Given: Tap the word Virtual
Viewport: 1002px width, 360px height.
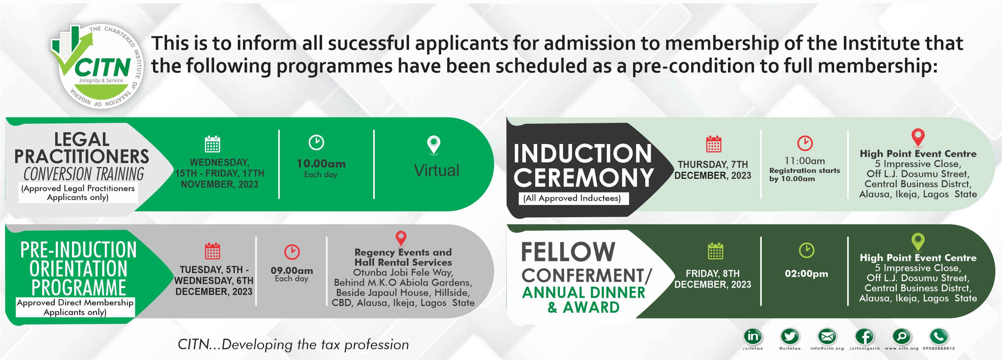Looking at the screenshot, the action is pyautogui.click(x=437, y=171).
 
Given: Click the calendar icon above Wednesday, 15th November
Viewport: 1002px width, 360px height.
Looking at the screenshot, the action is pyautogui.click(x=212, y=144).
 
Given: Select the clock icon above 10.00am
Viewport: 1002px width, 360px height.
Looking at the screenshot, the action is pyautogui.click(x=316, y=142).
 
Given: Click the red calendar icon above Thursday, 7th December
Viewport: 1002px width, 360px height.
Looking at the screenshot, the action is pyautogui.click(x=714, y=144).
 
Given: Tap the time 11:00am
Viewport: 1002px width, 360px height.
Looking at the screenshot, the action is pyautogui.click(x=805, y=161).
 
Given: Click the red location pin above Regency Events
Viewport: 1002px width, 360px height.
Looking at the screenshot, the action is pyautogui.click(x=401, y=238).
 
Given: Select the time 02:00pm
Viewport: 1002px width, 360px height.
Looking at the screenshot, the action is pyautogui.click(x=806, y=274).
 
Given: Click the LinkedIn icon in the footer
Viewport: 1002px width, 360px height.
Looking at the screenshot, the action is pyautogui.click(x=753, y=336).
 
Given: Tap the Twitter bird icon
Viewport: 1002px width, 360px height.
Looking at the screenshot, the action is pyautogui.click(x=790, y=336).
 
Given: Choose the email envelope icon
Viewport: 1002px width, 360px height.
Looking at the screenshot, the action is pyautogui.click(x=827, y=336).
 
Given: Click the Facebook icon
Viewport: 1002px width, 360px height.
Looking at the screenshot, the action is pyautogui.click(x=864, y=336).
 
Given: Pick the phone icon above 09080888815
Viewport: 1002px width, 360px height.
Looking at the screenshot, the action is pyautogui.click(x=939, y=336).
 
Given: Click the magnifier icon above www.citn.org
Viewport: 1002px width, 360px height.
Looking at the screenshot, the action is pyautogui.click(x=901, y=336).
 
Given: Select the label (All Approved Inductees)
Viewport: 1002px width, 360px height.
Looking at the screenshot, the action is pyautogui.click(x=572, y=198).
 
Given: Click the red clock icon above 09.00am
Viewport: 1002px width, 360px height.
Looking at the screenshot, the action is pyautogui.click(x=292, y=252).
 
